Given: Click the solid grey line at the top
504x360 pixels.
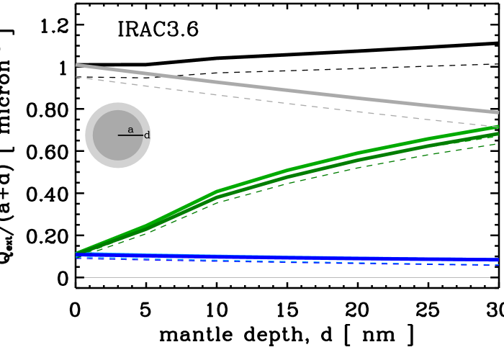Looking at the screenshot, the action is pyautogui.click(x=288, y=89).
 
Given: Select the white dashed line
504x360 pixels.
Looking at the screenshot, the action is pyautogui.click(x=288, y=103).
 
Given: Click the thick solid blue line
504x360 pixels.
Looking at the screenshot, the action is pyautogui.click(x=288, y=257).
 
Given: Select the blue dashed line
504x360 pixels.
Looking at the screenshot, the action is pyautogui.click(x=288, y=262).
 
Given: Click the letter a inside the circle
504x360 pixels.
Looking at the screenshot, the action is pyautogui.click(x=130, y=130).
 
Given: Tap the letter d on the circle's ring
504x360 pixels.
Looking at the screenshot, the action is pyautogui.click(x=147, y=135).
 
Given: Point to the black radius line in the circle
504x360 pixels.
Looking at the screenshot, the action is pyautogui.click(x=130, y=135).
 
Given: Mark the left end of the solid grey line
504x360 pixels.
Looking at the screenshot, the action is pyautogui.click(x=76, y=65).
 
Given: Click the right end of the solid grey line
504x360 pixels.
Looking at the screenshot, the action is pyautogui.click(x=498, y=112).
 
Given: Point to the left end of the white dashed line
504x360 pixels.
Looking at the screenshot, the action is pyautogui.click(x=76, y=77).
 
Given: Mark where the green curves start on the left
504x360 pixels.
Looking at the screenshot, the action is pyautogui.click(x=76, y=253).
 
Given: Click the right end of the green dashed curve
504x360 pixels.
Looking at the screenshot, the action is pyautogui.click(x=497, y=144).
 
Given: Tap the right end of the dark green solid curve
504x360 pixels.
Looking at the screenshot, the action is pyautogui.click(x=498, y=134).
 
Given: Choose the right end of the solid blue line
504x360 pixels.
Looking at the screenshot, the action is pyautogui.click(x=498, y=259).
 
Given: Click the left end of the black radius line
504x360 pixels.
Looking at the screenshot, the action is pyautogui.click(x=119, y=135).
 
